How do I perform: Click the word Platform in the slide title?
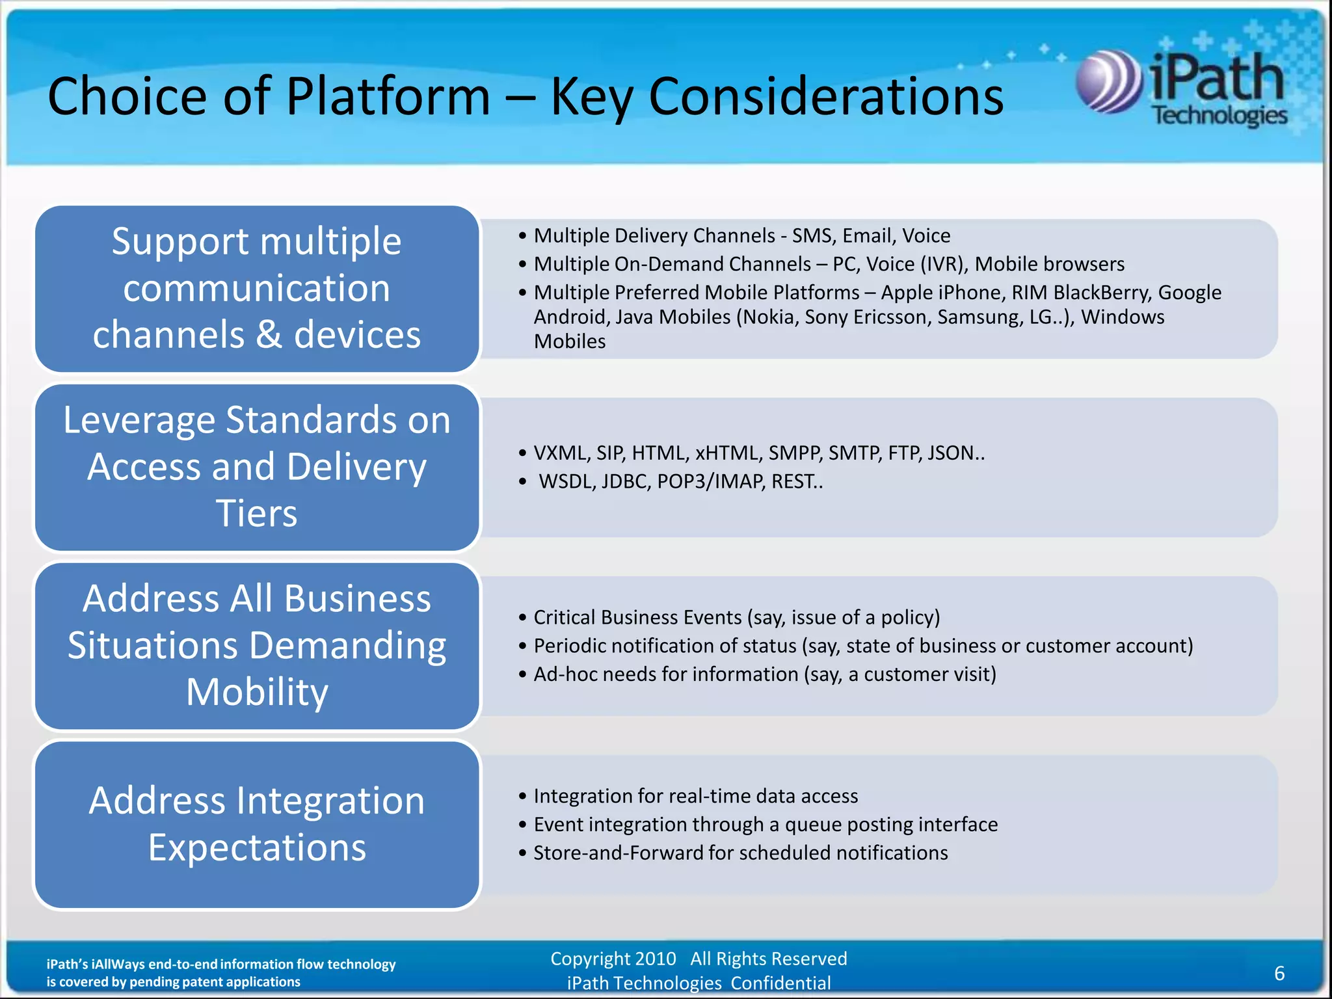click(388, 96)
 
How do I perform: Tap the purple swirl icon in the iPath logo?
click(1108, 81)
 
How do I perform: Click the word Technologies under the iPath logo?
click(1219, 116)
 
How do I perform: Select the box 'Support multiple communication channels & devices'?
click(257, 288)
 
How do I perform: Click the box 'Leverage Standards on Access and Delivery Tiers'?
click(257, 467)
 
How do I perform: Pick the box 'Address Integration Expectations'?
click(257, 824)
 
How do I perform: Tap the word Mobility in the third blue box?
click(257, 692)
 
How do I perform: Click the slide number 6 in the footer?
click(1279, 973)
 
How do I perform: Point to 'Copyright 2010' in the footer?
click(613, 959)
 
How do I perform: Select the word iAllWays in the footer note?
click(118, 964)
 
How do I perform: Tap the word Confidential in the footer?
click(780, 983)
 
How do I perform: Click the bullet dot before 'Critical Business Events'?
click(522, 618)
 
